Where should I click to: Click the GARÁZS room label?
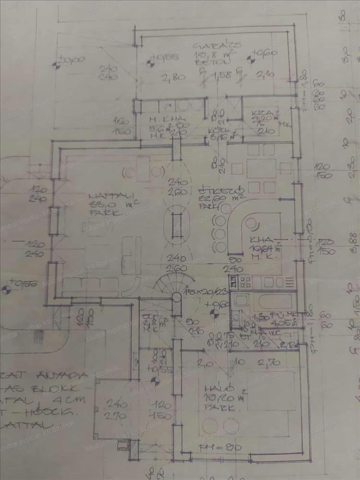coord(217,47)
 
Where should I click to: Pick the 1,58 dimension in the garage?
coord(221,75)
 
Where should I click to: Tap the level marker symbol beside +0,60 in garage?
coord(249,60)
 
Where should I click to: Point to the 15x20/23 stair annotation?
coord(202,292)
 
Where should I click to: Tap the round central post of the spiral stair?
coord(177,298)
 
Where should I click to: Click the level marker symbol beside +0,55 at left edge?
coord(6,290)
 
